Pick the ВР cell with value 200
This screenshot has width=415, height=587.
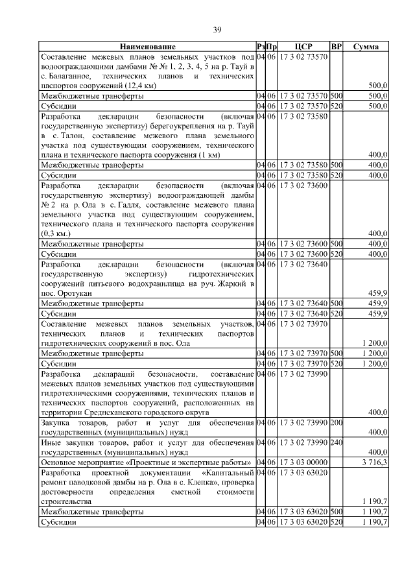point(336,423)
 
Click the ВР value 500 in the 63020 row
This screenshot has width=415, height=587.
point(336,511)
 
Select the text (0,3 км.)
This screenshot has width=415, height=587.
point(56,233)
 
